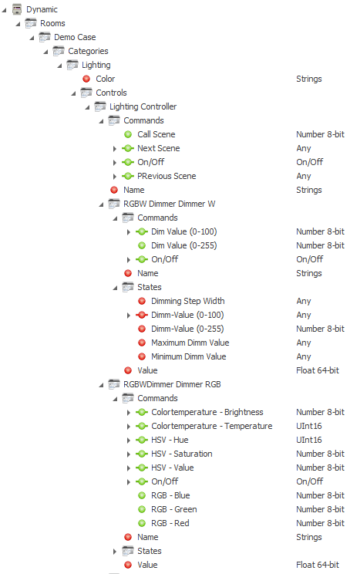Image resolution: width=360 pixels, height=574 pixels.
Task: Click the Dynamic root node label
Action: (42, 9)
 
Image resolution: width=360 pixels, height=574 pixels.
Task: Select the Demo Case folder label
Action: (75, 37)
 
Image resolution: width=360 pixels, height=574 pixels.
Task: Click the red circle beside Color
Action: (86, 79)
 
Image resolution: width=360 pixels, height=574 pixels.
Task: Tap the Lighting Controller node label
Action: (143, 106)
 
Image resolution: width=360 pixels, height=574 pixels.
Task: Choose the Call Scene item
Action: (156, 134)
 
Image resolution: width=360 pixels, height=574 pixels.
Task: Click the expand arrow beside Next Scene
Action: (115, 149)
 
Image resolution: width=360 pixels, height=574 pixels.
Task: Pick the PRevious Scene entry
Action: (167, 176)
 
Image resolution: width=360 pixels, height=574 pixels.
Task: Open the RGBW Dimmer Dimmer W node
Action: (170, 204)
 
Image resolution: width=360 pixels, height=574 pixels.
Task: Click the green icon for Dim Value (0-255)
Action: (142, 245)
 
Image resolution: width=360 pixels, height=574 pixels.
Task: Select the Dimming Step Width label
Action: (188, 301)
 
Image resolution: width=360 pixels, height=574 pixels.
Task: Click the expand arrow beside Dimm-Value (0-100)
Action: (129, 316)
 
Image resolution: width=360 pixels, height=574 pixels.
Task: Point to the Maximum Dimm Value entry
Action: (190, 343)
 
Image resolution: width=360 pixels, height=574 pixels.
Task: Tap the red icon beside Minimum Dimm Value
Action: (142, 356)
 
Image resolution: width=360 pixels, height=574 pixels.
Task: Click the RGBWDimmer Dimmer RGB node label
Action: (173, 384)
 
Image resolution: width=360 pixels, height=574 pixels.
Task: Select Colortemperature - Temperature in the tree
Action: (212, 426)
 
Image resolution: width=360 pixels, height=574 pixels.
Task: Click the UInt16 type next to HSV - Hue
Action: (309, 440)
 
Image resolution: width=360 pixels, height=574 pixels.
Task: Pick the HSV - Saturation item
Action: (182, 454)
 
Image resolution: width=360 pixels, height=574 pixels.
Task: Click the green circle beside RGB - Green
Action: (142, 509)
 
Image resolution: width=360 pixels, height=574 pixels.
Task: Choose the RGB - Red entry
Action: (170, 523)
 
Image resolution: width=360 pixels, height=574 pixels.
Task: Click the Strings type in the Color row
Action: (309, 79)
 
